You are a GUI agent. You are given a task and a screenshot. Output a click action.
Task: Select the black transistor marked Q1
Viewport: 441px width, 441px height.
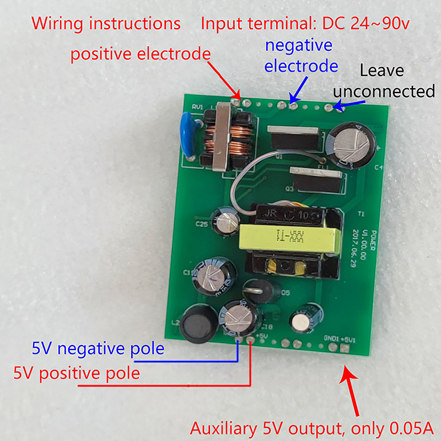click(294, 138)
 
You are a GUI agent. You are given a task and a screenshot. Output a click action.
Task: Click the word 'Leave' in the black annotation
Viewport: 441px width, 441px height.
click(382, 71)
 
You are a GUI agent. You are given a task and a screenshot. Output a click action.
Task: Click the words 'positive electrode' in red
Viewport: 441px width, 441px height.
click(141, 55)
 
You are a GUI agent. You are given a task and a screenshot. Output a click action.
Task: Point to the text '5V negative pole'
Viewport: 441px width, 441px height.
click(98, 348)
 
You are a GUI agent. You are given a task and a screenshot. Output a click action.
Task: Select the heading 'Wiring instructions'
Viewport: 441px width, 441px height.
click(106, 24)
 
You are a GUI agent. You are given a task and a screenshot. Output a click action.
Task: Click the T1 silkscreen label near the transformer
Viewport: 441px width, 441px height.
click(361, 214)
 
